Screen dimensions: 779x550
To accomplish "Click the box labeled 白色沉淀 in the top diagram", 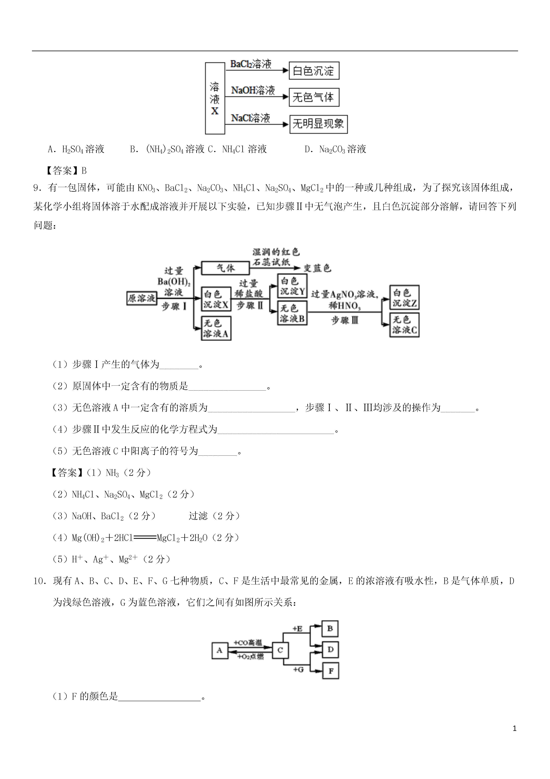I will pos(314,71).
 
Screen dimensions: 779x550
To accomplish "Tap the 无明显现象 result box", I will pos(318,124).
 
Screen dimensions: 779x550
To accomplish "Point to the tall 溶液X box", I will pos(215,98).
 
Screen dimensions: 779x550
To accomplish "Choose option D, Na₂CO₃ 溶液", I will pos(335,149).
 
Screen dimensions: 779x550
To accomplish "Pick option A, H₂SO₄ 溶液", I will pos(76,149).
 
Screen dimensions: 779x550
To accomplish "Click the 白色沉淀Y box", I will pos(292,286).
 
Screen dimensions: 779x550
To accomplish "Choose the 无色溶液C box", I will pos(404,325).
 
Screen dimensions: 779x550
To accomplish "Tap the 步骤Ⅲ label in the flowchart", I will pos(345,320).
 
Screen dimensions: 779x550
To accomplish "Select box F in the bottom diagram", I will pos(330,671).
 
